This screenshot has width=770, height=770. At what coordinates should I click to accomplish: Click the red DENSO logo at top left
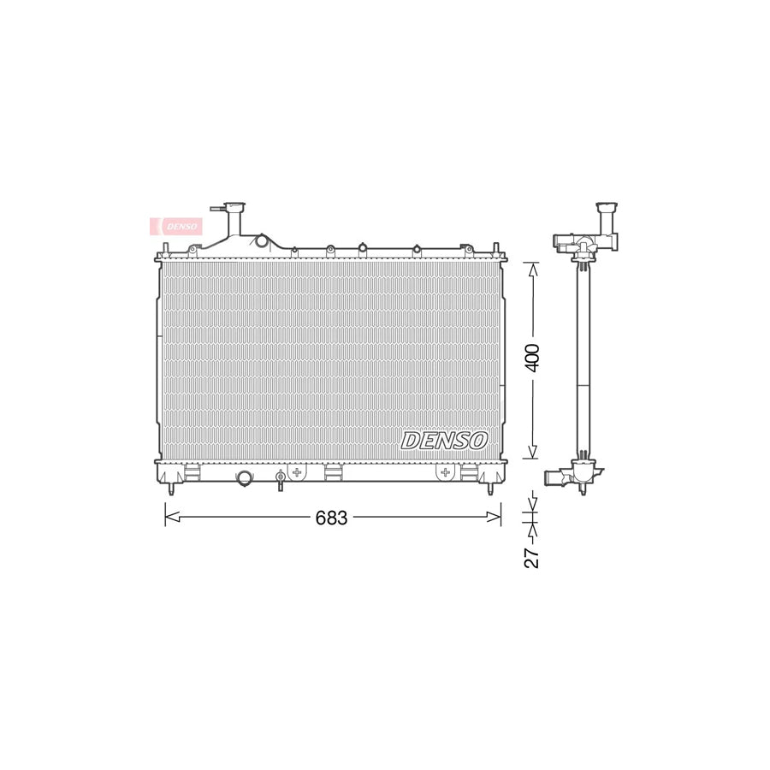176,226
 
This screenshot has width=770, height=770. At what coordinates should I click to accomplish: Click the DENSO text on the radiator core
444,440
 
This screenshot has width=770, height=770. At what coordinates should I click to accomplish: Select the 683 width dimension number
331,518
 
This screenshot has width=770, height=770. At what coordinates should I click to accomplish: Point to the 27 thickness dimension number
532,558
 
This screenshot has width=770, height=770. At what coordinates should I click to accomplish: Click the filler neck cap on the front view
234,207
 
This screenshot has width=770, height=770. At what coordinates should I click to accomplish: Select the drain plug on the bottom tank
280,479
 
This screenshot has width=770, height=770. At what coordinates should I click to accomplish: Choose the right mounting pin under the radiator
490,489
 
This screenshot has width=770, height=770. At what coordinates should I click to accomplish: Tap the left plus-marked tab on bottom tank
298,472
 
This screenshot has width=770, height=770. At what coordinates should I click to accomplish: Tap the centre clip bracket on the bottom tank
333,471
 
